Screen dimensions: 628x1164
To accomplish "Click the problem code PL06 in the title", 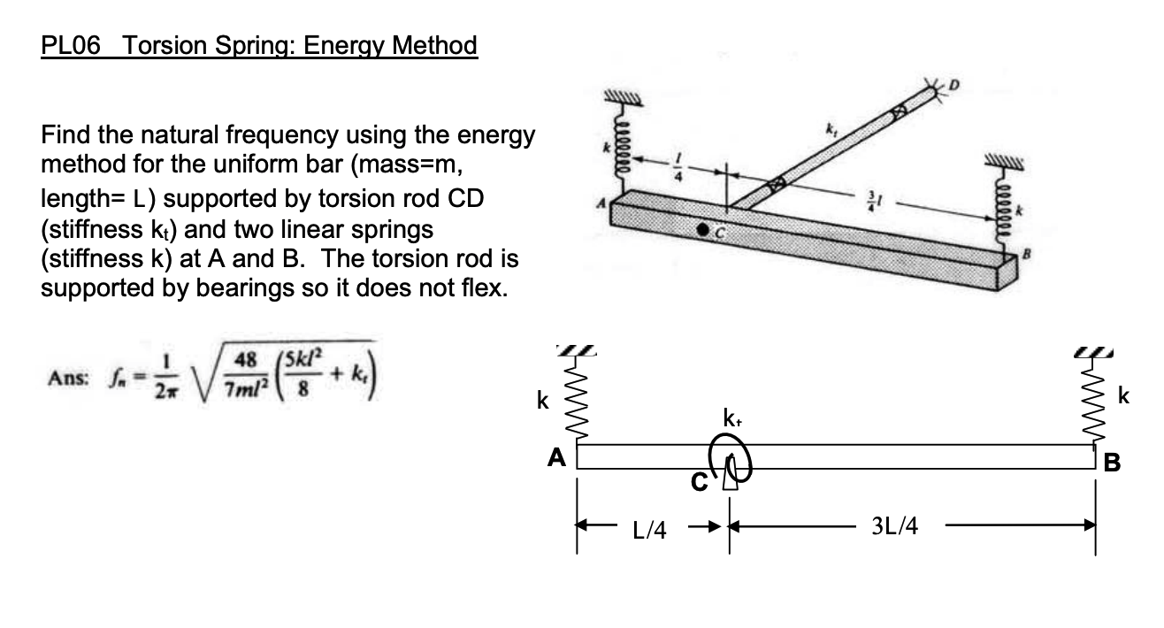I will (70, 45).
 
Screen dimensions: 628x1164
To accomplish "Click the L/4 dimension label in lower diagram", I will (650, 529).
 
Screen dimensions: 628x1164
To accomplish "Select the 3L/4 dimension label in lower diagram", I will (894, 528).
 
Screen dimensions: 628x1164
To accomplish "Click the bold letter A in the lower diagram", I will (556, 458).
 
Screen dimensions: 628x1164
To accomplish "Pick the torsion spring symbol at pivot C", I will (730, 461).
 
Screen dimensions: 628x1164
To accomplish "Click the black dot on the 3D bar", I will (702, 230).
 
